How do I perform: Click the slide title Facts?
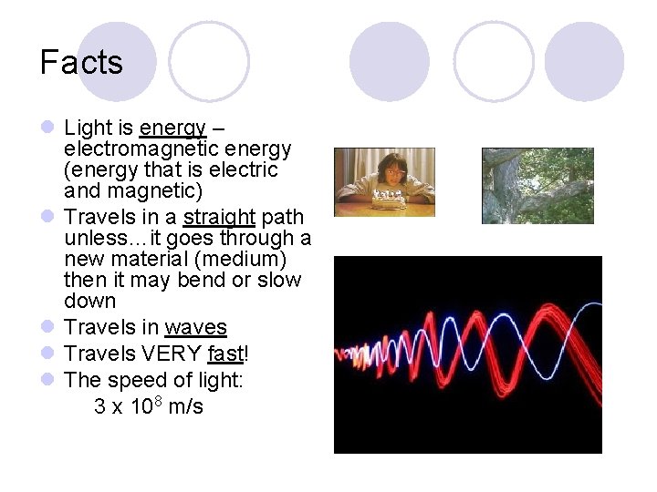81,63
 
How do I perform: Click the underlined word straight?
219,218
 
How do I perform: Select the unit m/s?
186,406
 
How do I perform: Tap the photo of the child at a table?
384,182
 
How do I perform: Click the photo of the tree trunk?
537,186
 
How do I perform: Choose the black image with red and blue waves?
467,354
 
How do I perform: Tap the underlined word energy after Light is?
172,128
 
